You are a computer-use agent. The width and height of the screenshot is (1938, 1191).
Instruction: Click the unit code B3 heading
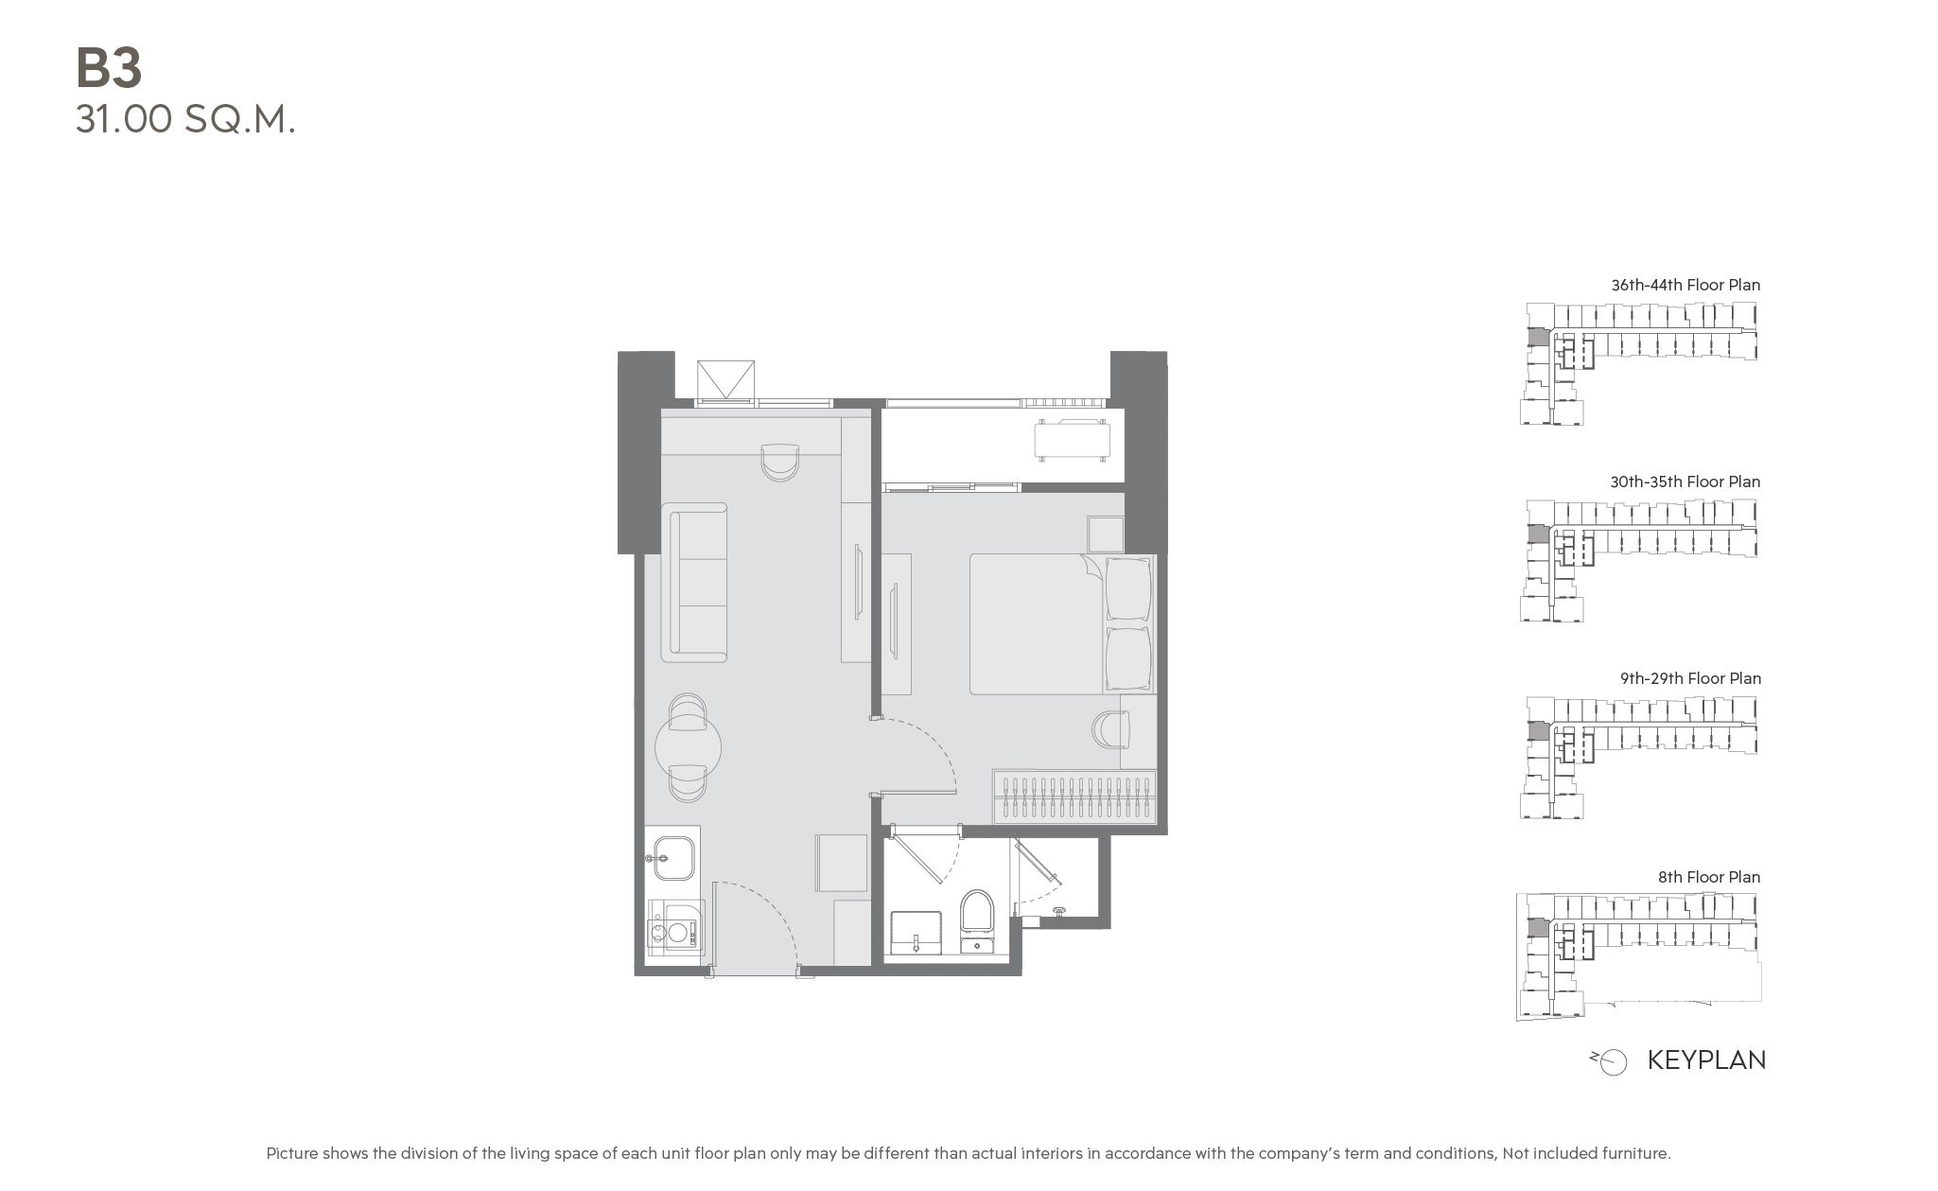coord(109,69)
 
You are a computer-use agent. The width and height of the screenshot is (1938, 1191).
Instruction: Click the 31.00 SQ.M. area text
coord(185,120)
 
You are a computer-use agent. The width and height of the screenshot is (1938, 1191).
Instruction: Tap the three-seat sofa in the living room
coord(694,583)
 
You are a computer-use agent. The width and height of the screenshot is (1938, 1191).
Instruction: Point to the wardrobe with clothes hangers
coord(1074,797)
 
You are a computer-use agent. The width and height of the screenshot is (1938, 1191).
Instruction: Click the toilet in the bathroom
coord(977,918)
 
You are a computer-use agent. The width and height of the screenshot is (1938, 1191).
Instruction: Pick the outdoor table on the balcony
coord(1072,440)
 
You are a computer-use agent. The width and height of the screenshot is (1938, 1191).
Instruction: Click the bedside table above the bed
coord(1105,534)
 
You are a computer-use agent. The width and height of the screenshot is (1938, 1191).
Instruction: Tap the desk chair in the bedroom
coord(1110,729)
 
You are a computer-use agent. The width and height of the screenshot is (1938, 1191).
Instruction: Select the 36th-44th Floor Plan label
coord(1685,285)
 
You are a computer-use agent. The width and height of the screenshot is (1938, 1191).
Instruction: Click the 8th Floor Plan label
coord(1709,877)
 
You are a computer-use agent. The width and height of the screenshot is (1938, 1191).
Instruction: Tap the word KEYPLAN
coord(1706,1060)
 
